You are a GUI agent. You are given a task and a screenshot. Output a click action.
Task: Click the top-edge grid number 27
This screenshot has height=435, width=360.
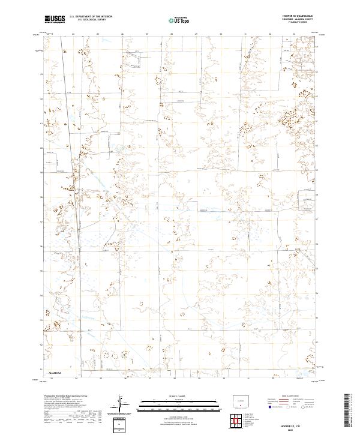(147, 34)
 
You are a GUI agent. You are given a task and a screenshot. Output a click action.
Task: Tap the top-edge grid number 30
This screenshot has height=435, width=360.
(221, 34)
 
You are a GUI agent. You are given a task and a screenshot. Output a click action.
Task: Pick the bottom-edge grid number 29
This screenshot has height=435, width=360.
(198, 379)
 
